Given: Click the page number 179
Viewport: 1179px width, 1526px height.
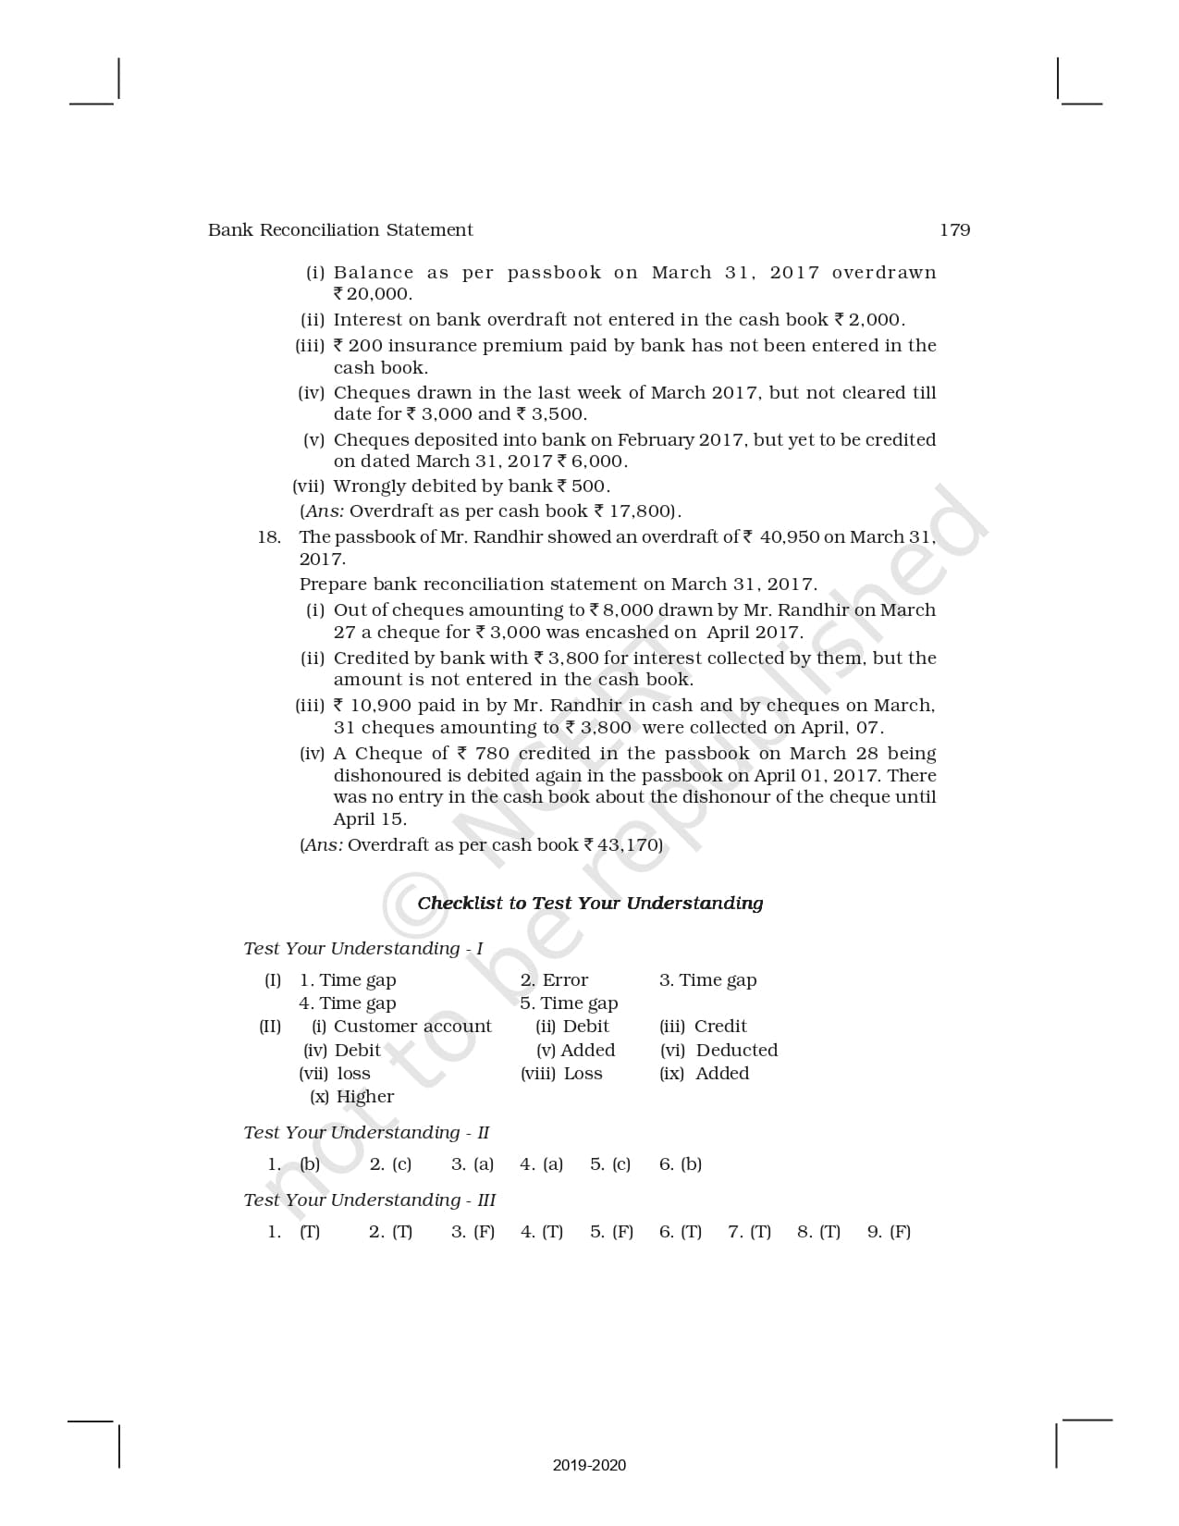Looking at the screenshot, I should (954, 230).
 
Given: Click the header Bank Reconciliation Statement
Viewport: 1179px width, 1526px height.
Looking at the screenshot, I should (340, 230).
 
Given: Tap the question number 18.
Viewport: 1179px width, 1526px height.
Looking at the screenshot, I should (269, 537).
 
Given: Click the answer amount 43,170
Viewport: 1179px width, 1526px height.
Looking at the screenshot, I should (627, 845).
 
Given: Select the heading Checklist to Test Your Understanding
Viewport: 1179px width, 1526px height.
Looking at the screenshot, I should (590, 904).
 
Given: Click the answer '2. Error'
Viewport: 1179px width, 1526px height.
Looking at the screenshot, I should (554, 980).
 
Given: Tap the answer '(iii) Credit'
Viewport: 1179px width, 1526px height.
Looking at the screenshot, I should (703, 1027).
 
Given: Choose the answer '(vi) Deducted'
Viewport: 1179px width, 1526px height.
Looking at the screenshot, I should (718, 1051).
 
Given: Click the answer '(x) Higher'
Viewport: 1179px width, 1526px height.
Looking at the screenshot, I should (351, 1097).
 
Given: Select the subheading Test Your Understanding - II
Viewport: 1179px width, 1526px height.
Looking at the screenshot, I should (366, 1133).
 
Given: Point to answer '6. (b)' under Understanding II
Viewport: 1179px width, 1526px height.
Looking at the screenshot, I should (681, 1164).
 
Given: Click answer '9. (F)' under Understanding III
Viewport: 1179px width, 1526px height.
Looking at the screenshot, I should (889, 1232).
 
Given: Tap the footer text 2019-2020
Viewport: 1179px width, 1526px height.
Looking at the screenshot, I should (589, 1465).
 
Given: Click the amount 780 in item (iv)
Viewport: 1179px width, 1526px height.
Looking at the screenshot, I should (492, 754).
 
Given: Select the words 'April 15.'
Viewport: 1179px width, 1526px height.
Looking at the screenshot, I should (370, 819).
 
